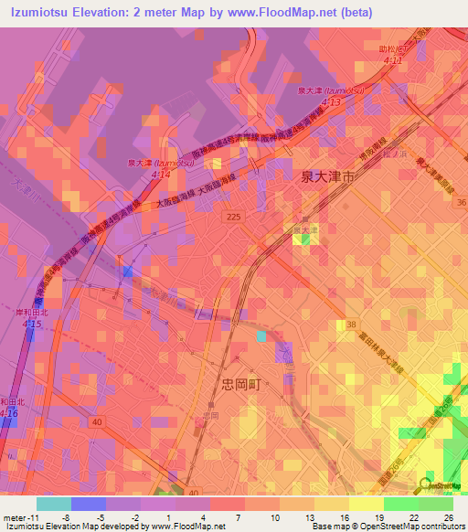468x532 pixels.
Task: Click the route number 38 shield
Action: click(352, 325)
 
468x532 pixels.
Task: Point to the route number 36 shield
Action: click(462, 202)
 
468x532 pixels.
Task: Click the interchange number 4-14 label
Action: click(161, 172)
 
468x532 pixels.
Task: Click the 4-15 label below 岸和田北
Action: click(32, 325)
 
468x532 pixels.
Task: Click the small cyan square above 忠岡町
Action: click(262, 335)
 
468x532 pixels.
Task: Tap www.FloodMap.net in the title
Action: click(296, 13)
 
